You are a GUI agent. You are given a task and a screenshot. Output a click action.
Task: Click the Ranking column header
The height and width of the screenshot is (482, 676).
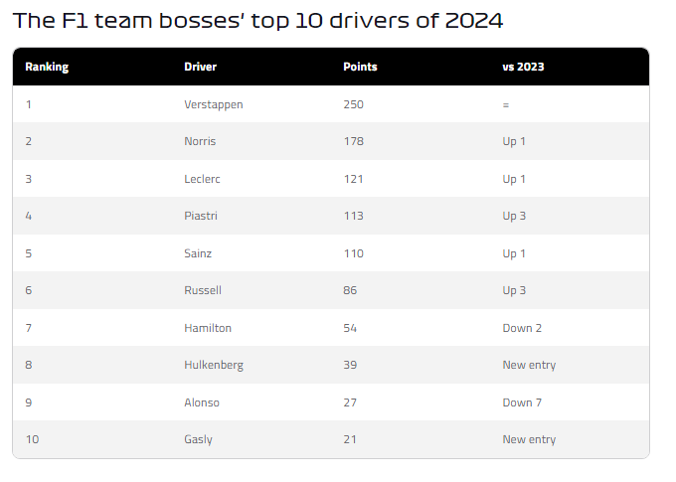coord(47,67)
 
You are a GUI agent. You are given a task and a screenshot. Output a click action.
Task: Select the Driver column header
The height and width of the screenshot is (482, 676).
coord(200,67)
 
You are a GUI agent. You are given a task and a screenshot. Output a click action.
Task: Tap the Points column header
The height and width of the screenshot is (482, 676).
coord(360,67)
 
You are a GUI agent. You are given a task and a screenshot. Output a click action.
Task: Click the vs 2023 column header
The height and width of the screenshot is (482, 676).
coord(523,67)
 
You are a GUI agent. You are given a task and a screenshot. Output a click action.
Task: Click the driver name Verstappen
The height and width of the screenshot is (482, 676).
coord(213,104)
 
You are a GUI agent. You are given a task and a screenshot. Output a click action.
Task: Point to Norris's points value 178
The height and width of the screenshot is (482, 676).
coord(353,141)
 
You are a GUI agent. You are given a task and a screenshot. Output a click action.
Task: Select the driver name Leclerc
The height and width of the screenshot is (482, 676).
coord(204,179)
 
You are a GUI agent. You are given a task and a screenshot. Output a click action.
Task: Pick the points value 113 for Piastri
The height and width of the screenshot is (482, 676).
coord(353,216)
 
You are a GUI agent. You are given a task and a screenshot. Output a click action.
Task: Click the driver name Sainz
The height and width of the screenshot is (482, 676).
coord(198,253)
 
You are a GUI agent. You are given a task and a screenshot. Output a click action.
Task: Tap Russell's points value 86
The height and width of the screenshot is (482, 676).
coord(350,290)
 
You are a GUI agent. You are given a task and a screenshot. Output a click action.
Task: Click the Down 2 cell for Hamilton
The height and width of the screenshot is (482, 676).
coord(522,328)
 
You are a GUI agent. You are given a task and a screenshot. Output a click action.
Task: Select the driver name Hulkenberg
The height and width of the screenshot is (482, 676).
coord(214,365)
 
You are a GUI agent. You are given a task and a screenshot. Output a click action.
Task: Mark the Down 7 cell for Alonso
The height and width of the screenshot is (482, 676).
coord(522,402)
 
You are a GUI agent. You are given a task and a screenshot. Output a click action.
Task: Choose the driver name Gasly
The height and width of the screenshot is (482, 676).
coord(198,439)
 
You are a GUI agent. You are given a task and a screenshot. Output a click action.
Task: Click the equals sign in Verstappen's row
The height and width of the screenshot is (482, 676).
coord(506,104)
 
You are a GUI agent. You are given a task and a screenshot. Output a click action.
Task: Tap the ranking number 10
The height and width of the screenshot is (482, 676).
coord(32,439)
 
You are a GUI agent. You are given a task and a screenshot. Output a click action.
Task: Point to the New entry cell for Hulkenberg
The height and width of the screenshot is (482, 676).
coord(529,365)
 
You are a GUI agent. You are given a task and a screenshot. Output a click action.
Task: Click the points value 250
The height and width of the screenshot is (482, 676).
coord(353,104)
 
